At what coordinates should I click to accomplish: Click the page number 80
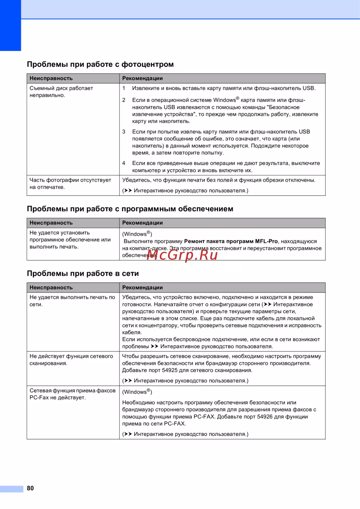(x=30, y=488)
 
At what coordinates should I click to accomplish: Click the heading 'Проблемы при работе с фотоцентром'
(x=100, y=64)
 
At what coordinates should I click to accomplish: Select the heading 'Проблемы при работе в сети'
(x=83, y=273)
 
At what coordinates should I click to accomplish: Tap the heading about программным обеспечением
(x=130, y=209)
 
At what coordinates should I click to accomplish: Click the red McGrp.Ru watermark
(x=182, y=255)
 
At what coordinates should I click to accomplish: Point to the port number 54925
(x=170, y=370)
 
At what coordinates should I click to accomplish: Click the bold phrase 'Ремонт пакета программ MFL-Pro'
(x=231, y=241)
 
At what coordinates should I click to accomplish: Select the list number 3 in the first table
(x=124, y=132)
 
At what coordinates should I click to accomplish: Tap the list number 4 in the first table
(x=124, y=163)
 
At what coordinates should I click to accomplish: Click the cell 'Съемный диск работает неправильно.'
(x=61, y=92)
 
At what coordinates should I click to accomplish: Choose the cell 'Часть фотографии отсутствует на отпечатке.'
(x=70, y=183)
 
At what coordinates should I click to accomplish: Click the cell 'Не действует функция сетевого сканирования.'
(x=71, y=360)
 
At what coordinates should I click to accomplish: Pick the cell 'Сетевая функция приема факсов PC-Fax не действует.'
(x=72, y=394)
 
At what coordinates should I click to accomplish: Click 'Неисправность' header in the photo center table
(x=51, y=78)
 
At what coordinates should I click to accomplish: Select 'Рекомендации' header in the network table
(x=143, y=288)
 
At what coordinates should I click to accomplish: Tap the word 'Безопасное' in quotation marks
(x=284, y=107)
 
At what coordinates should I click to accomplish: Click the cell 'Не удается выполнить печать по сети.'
(x=72, y=301)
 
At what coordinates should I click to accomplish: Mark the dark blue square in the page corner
(x=10, y=25)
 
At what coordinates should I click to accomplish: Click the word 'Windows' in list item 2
(x=224, y=100)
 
